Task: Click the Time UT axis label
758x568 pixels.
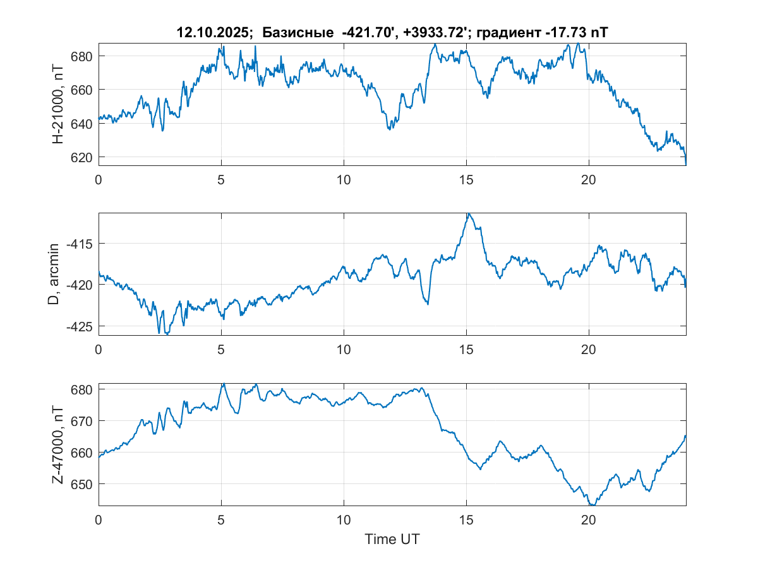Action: click(x=392, y=540)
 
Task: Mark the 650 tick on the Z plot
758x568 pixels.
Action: click(x=83, y=484)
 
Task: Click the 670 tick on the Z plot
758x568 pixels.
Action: click(x=83, y=421)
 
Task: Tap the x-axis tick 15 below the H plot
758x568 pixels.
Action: click(x=466, y=179)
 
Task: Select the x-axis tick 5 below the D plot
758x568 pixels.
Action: click(x=221, y=349)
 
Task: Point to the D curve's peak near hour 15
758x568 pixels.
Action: click(x=468, y=214)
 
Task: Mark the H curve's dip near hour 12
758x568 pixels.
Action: click(x=390, y=129)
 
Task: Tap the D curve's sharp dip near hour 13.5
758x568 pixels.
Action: click(x=428, y=304)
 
